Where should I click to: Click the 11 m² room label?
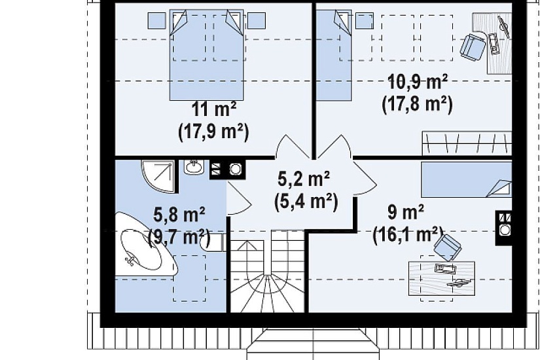click(x=213, y=109)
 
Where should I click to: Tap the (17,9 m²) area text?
click(x=213, y=132)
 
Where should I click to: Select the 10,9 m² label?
click(x=418, y=82)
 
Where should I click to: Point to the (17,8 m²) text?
click(x=417, y=103)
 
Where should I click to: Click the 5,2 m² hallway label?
click(x=304, y=179)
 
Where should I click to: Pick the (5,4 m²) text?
click(x=306, y=201)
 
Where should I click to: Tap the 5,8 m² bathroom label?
click(x=179, y=215)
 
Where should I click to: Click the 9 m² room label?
click(x=406, y=212)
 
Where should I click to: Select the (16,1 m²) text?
click(x=407, y=234)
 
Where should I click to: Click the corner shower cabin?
click(x=158, y=175)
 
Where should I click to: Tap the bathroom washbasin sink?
click(x=194, y=167)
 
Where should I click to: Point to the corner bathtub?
click(x=145, y=245)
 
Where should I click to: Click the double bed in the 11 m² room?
click(x=207, y=55)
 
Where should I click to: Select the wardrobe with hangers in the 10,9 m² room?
click(x=467, y=143)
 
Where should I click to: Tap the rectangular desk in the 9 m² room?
click(x=442, y=278)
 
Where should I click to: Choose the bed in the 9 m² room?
click(x=467, y=179)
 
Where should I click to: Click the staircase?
click(x=267, y=272)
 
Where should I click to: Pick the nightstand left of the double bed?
click(x=156, y=21)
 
